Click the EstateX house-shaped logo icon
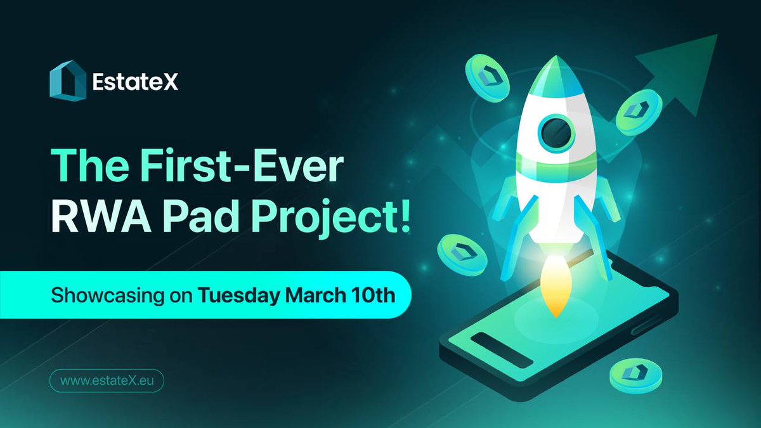tap(67, 81)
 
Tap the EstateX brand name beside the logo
tap(134, 81)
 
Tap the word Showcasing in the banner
tap(107, 295)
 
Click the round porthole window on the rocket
tap(556, 131)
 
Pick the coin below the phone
tap(631, 375)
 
